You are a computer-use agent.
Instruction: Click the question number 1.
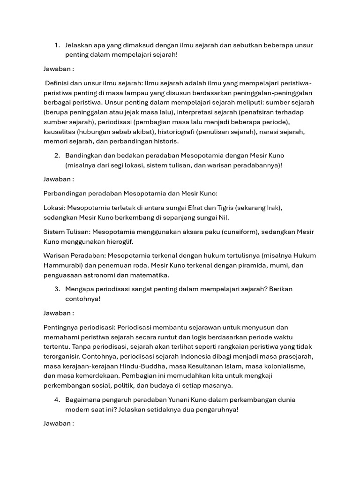click(57, 45)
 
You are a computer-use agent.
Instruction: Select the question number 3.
click(57, 289)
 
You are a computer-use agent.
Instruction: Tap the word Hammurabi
click(63, 265)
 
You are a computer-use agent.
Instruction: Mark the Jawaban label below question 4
click(59, 423)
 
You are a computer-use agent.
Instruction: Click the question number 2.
click(57, 155)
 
